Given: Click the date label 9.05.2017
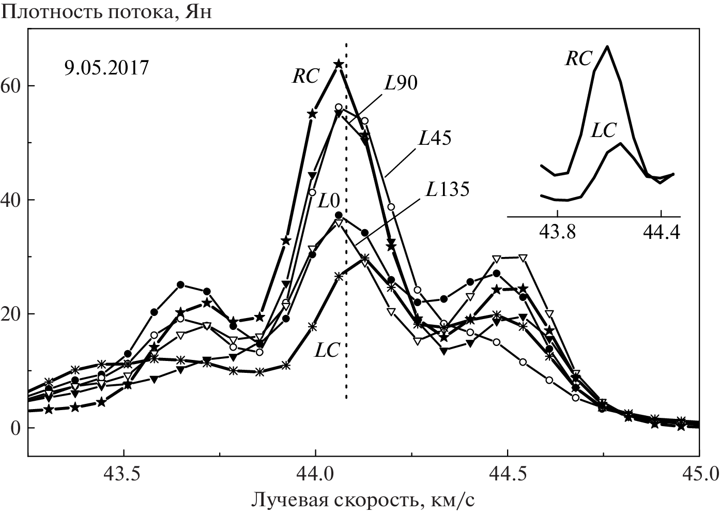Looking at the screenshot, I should coord(106,68).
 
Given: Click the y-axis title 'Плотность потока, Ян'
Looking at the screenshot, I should coord(106,11).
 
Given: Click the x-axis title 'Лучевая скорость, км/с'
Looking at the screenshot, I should coord(363,500).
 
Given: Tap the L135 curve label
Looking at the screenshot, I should coord(448,190).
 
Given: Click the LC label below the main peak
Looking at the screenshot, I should coord(327,351).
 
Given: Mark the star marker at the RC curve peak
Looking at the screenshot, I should coord(339,64).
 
